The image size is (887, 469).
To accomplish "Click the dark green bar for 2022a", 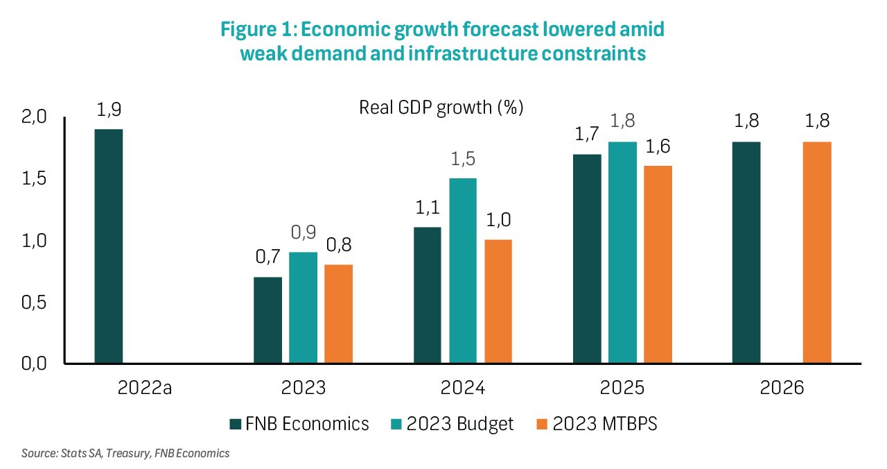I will pos(108,246).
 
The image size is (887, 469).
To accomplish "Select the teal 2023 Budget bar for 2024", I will pos(463,271).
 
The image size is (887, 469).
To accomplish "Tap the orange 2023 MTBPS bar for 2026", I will pos(817,253).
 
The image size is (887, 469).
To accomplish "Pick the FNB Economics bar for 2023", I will pos(267,320).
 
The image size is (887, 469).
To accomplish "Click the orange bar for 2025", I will pos(658,264).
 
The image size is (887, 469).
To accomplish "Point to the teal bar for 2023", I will pos(303,307).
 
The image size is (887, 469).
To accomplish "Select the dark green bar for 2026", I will pos(746,253).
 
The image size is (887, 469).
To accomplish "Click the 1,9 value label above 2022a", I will pos(108,110).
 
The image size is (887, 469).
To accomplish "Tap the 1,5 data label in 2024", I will pos(463,159).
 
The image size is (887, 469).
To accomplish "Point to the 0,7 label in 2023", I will pos(267,257).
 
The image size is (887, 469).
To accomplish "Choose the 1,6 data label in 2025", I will pos(658,146).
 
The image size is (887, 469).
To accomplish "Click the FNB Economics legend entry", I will pos(299,424).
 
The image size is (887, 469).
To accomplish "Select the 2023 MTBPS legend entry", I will pos(596,424).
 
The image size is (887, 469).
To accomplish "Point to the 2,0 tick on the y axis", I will pos(34,117).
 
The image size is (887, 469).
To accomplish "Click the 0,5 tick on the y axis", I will pos(34,302).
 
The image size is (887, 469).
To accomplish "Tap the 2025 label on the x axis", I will pos(622,388).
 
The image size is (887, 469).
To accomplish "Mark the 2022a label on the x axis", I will pos(145,388).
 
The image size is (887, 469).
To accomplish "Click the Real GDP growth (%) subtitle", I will pos(441,108).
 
